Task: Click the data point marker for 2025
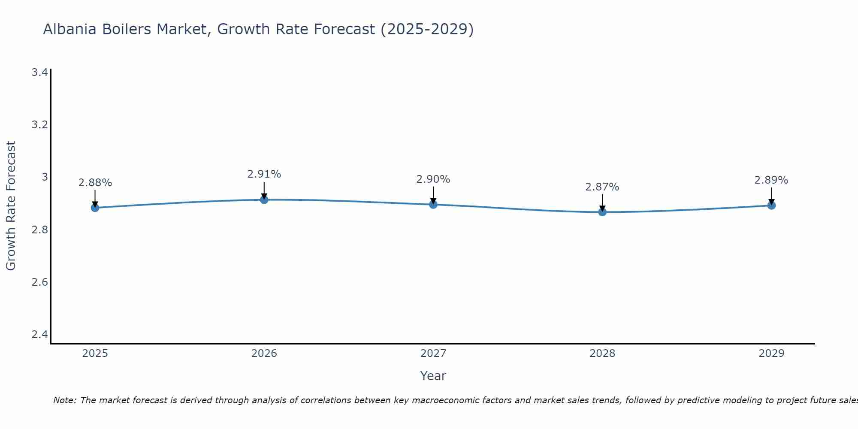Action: tap(95, 208)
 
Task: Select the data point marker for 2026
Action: tap(264, 199)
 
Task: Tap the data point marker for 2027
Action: tap(433, 204)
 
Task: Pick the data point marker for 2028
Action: tap(602, 212)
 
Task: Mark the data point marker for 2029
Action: tap(771, 205)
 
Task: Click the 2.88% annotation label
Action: tap(95, 183)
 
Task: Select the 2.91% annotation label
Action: tap(264, 174)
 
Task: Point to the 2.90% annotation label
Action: tap(433, 179)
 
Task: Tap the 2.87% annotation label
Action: tap(602, 187)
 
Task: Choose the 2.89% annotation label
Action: tap(771, 180)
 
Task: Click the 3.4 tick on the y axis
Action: tap(39, 72)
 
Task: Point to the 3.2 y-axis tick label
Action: tap(39, 125)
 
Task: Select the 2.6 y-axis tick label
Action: tap(39, 282)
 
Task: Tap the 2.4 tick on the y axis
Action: tap(39, 335)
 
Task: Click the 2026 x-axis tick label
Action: tap(264, 353)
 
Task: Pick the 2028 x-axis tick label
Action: tap(602, 353)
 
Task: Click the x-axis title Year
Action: tap(433, 376)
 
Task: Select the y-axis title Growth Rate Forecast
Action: tap(11, 206)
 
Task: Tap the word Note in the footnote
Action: tap(64, 400)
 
